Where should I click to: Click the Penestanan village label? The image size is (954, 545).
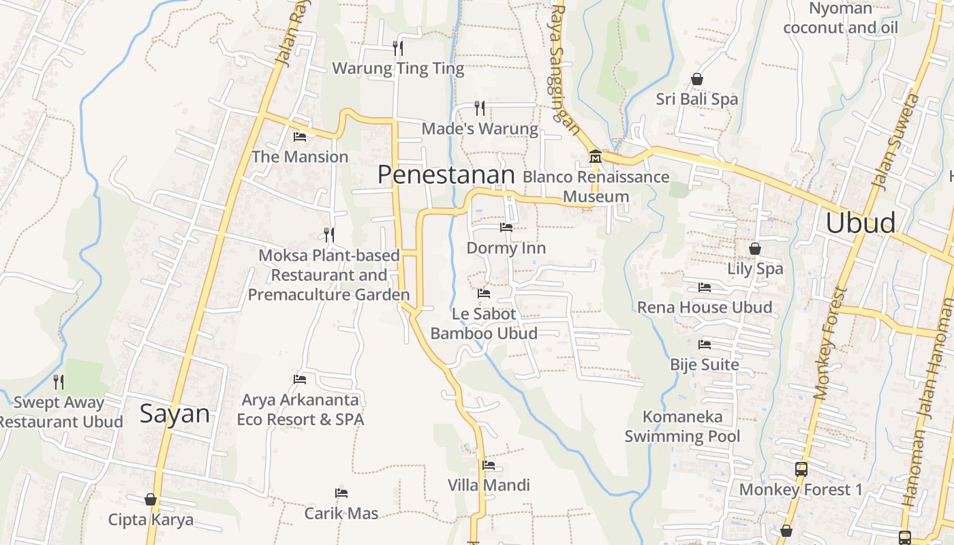tap(446, 175)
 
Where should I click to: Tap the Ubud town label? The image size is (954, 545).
tap(860, 223)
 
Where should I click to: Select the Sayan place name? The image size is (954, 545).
tap(174, 414)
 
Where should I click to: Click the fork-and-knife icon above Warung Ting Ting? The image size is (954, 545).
tap(398, 48)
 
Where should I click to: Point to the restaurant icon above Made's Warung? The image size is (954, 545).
tap(480, 108)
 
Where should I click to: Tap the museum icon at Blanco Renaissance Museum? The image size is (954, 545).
tap(595, 157)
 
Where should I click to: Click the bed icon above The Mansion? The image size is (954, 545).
tap(299, 137)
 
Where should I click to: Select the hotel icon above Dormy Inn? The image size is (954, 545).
tap(506, 228)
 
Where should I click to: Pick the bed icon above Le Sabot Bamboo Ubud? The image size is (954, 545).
tap(484, 294)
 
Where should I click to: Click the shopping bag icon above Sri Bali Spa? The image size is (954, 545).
tap(696, 80)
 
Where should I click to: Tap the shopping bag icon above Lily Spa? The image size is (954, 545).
tap(754, 249)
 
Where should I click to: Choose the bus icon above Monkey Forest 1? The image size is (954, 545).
tap(801, 469)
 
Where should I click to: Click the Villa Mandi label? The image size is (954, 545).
tap(489, 485)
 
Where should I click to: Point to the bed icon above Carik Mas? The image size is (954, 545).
tap(341, 493)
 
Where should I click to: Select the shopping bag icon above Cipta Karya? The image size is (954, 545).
tap(151, 500)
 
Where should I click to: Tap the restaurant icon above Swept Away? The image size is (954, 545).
tap(59, 382)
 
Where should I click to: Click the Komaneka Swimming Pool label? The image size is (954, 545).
tap(682, 426)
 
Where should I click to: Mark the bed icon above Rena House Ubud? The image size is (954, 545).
tap(705, 287)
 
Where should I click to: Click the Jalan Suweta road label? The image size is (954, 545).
tap(895, 142)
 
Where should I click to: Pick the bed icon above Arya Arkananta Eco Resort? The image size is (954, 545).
tap(300, 379)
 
